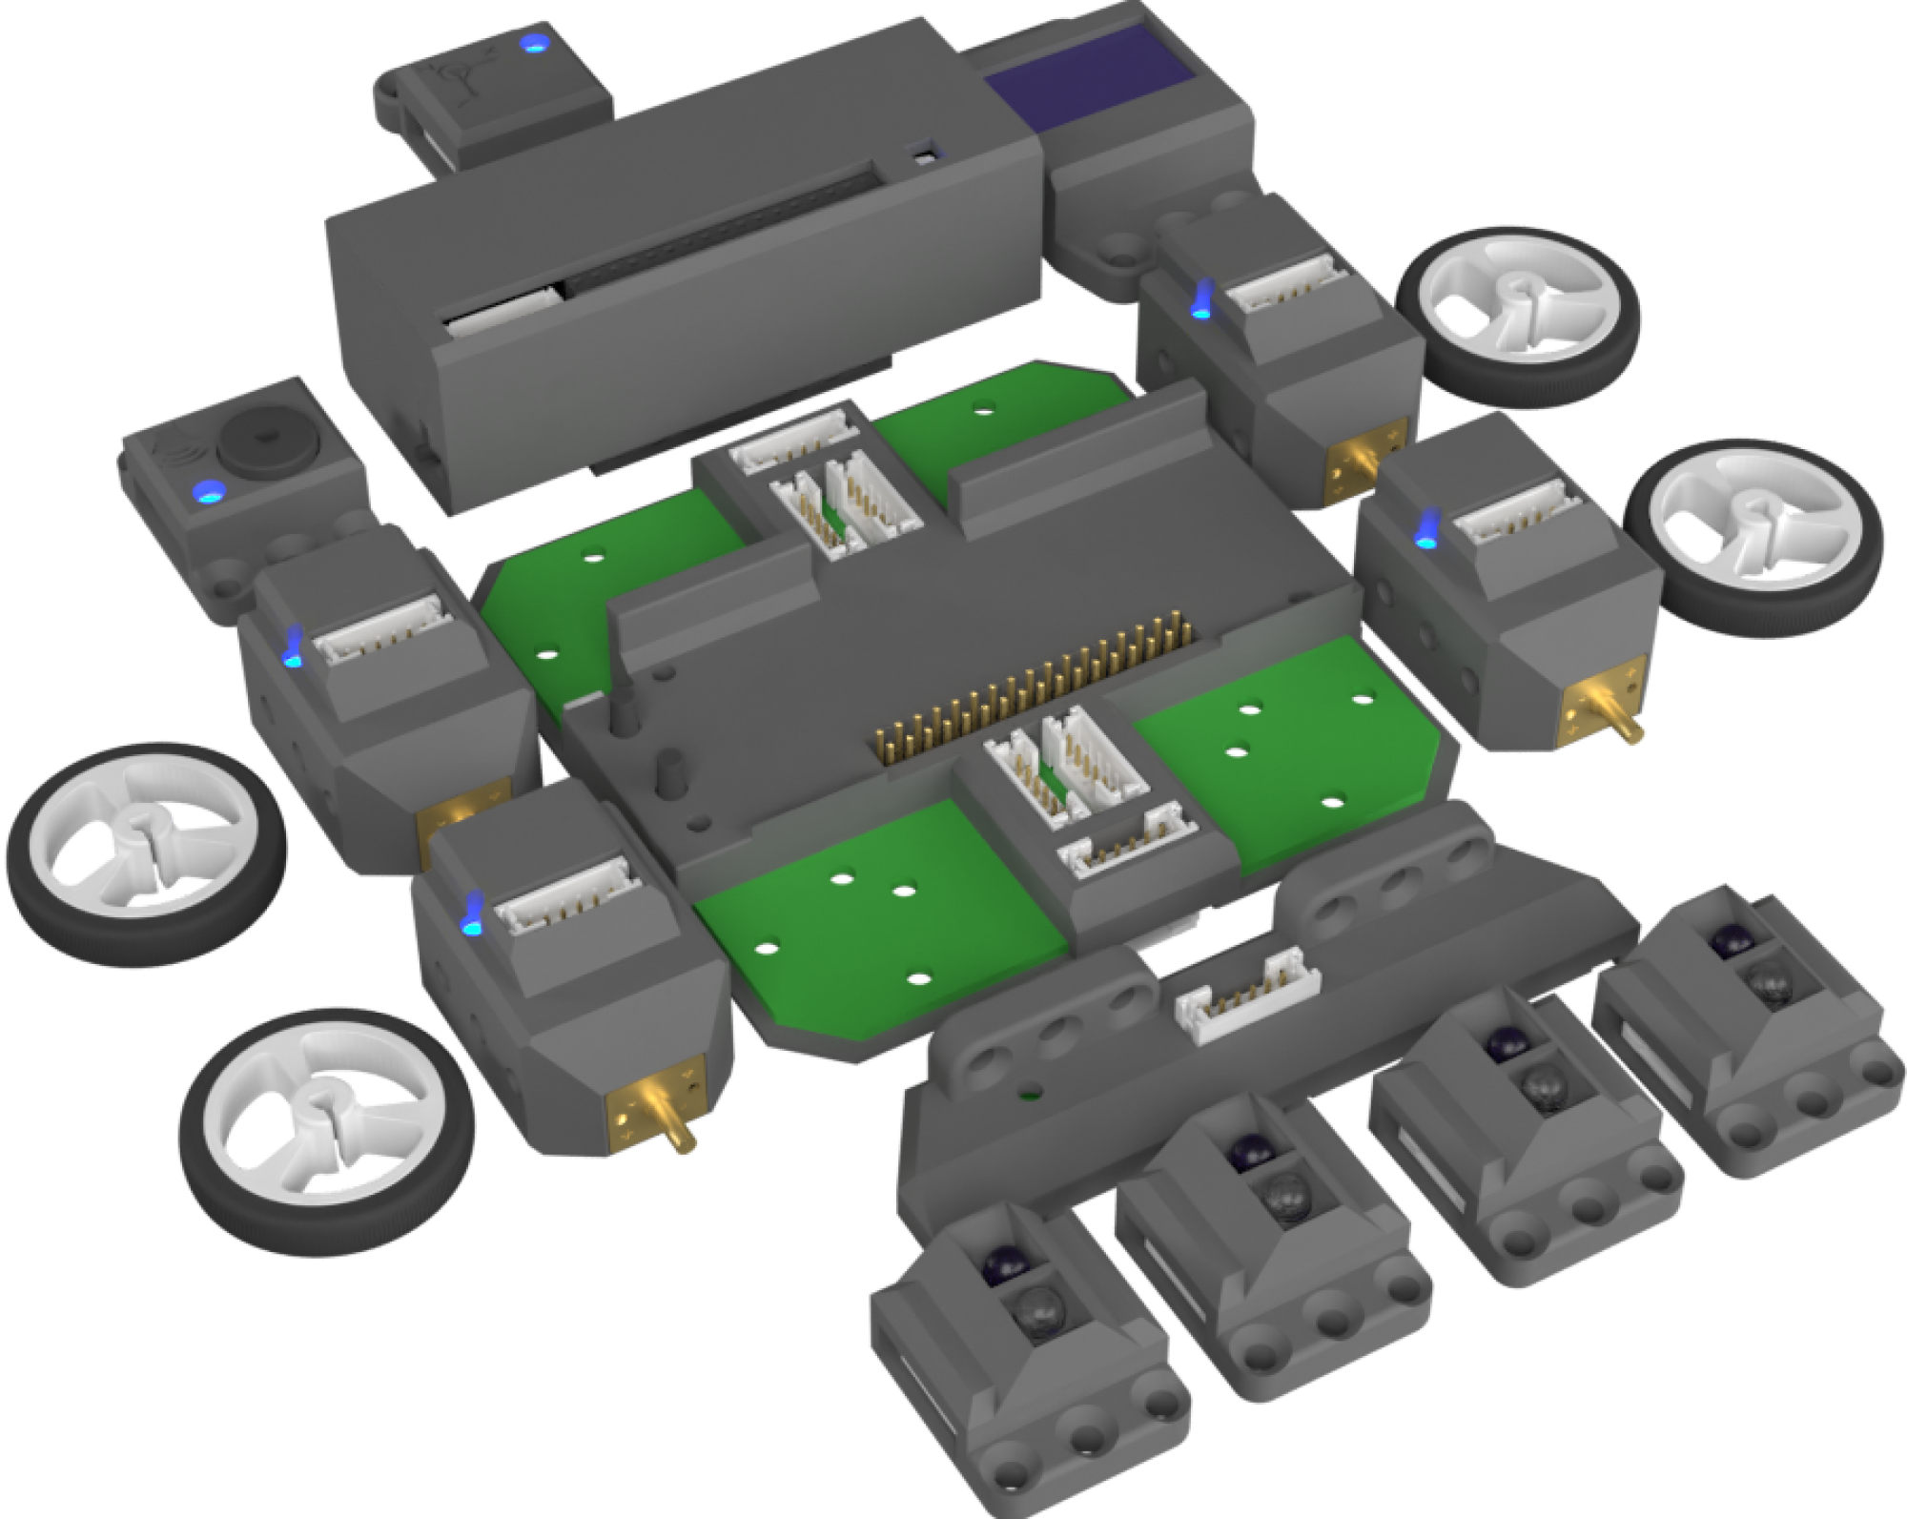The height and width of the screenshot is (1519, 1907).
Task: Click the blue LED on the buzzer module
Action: point(205,492)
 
